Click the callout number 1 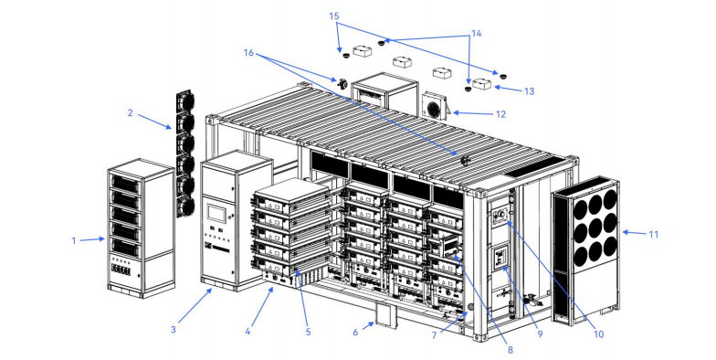[74, 240]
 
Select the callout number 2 [130, 112]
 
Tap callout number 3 [174, 329]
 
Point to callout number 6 [356, 333]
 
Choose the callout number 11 [654, 234]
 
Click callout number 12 [500, 114]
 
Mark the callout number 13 [529, 91]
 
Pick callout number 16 [248, 53]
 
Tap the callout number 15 [334, 16]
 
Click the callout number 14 [477, 33]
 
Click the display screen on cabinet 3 [216, 213]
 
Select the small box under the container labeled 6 [386, 316]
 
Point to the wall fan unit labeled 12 [435, 106]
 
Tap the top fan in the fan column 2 [184, 101]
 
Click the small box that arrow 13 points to [482, 84]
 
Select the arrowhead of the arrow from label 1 [102, 238]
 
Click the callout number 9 [541, 334]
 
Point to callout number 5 [309, 333]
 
